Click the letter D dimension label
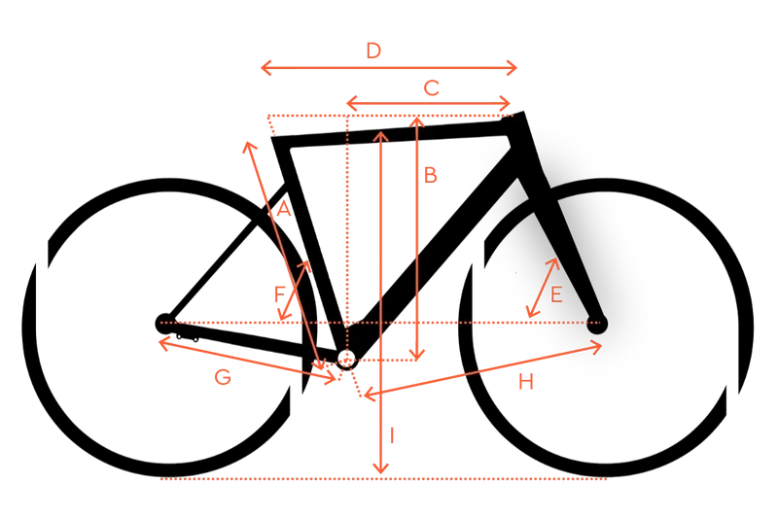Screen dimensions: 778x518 [373, 51]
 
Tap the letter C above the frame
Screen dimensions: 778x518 [431, 88]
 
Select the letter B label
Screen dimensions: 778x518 [430, 175]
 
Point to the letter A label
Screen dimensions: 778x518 [283, 209]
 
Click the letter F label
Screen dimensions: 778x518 [280, 294]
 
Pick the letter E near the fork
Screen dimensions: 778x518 [556, 294]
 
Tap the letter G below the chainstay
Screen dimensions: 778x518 [223, 378]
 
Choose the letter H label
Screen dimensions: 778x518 [526, 382]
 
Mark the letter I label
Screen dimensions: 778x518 [393, 435]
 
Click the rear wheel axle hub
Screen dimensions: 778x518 [165, 324]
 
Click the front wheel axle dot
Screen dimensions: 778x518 [597, 324]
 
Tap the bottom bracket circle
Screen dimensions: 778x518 [347, 359]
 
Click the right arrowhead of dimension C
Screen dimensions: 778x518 [506, 104]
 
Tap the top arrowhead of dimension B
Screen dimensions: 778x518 [418, 121]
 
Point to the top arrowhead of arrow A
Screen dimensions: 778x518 [249, 146]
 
